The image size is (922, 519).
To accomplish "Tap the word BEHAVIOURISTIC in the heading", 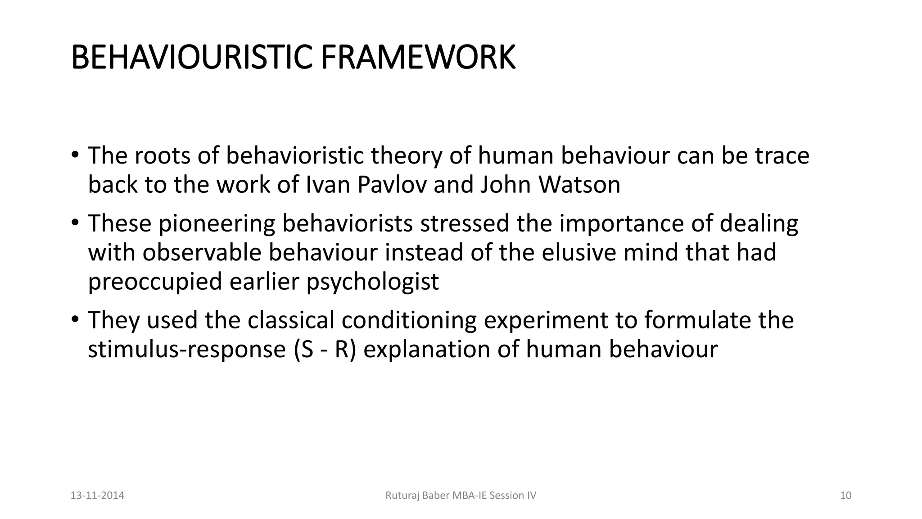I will tap(191, 58).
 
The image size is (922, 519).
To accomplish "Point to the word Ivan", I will tap(328, 184).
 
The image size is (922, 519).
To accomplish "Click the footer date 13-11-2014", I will tap(98, 496).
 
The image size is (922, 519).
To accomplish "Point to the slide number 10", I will tap(846, 496).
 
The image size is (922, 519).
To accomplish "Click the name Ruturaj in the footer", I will tap(401, 496).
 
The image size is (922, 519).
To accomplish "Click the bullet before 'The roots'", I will tap(75, 155).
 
